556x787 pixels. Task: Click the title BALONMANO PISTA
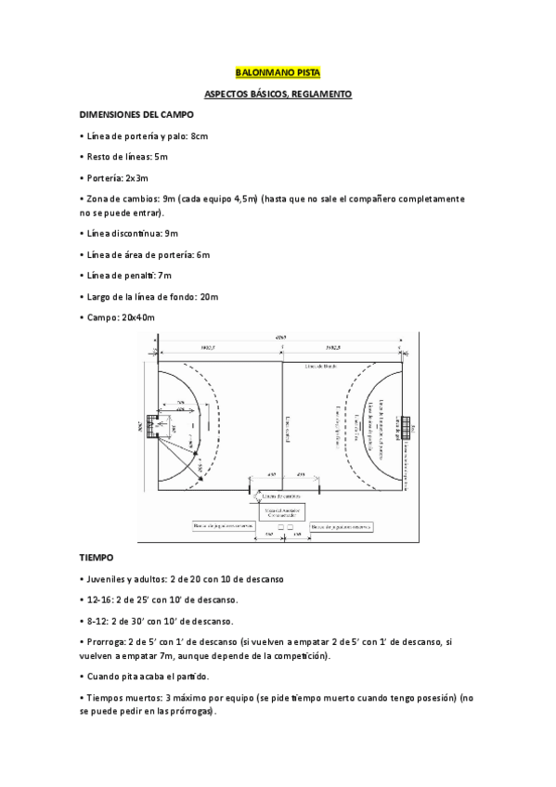pyautogui.click(x=278, y=71)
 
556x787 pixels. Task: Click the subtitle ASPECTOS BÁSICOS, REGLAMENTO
pyautogui.click(x=278, y=94)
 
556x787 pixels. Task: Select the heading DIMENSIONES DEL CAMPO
pyautogui.click(x=136, y=114)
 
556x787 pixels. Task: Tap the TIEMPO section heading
pyautogui.click(x=97, y=558)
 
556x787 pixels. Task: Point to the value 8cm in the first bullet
pyautogui.click(x=199, y=135)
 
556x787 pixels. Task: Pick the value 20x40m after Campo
pyautogui.click(x=138, y=317)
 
